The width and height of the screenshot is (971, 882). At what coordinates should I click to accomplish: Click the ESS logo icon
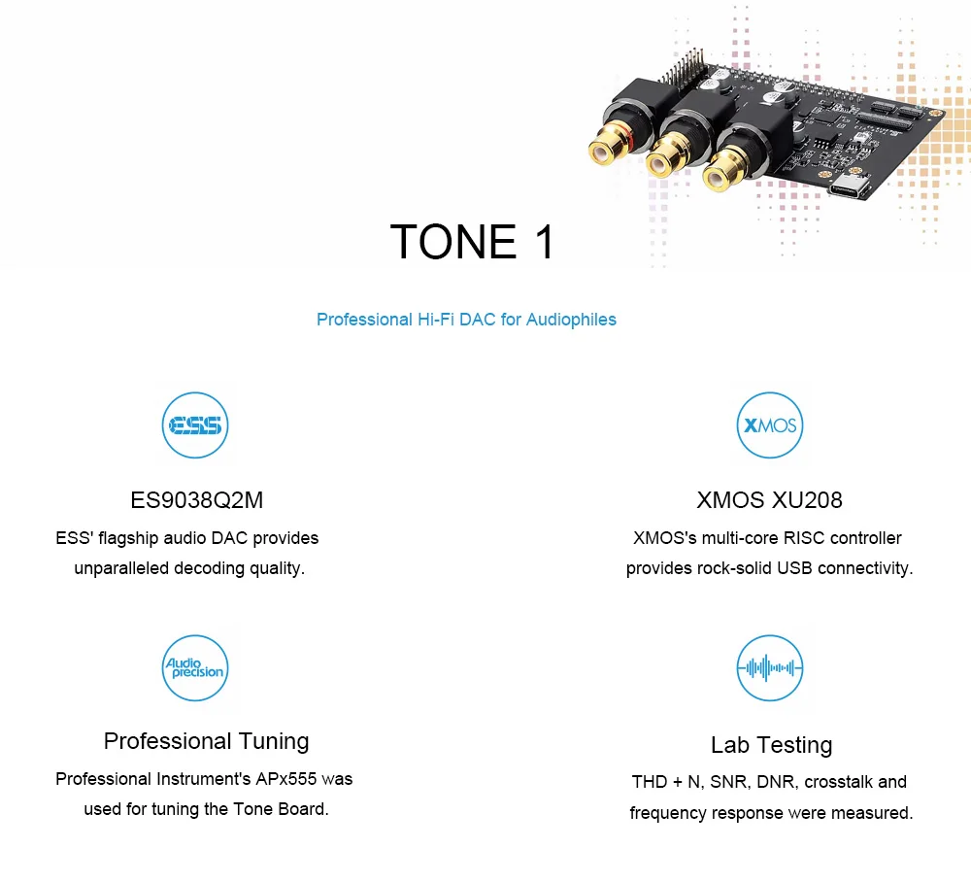click(x=194, y=425)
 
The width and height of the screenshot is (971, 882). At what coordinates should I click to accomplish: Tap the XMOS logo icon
click(x=770, y=425)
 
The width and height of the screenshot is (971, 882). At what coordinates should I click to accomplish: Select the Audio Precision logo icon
click(x=194, y=668)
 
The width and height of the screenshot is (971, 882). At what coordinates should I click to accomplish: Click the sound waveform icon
click(x=770, y=668)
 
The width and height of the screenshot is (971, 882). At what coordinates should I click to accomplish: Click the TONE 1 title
click(x=472, y=242)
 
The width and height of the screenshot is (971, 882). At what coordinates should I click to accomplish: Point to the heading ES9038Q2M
click(x=197, y=500)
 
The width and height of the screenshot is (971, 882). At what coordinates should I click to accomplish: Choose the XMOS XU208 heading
click(x=769, y=500)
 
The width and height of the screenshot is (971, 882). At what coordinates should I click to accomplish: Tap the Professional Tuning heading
click(x=206, y=741)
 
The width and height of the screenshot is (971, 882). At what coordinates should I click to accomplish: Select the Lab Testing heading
click(x=771, y=745)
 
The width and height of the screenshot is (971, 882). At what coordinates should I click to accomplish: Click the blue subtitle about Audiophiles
click(x=466, y=320)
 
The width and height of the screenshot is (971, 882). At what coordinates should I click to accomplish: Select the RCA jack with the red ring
click(x=610, y=149)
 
